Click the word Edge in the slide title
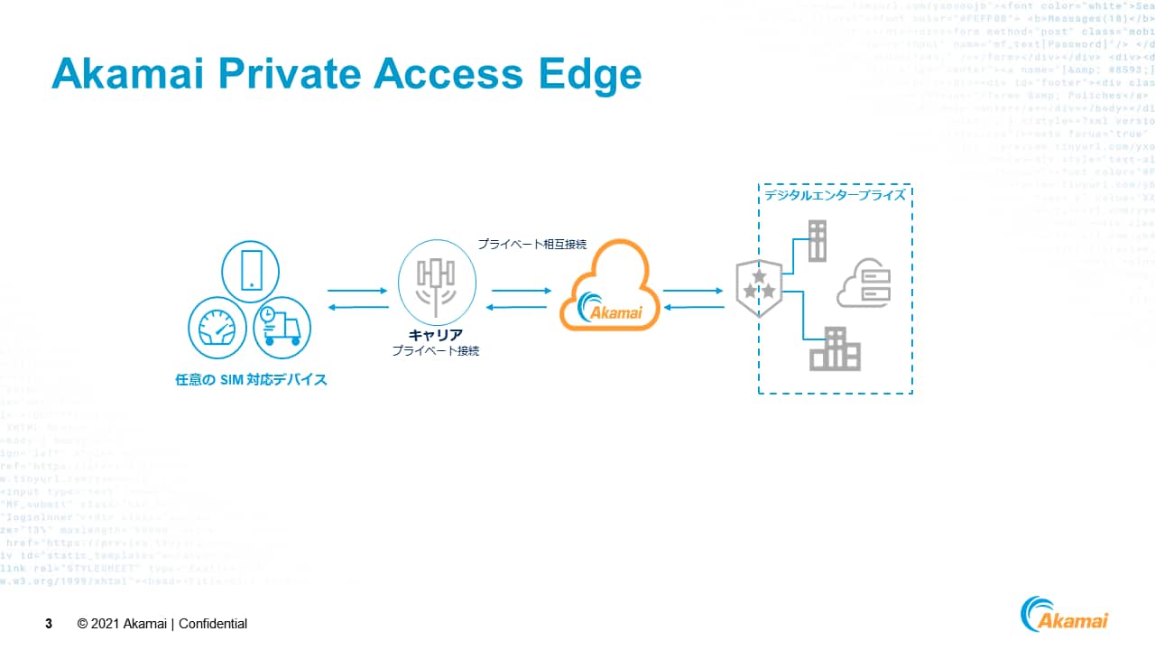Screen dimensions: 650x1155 [595, 74]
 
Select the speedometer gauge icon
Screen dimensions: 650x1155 [217, 328]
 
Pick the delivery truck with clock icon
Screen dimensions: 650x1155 [281, 327]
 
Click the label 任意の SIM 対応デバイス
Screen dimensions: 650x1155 [251, 380]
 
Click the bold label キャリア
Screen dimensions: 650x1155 [436, 335]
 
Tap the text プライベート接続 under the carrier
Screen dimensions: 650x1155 [436, 350]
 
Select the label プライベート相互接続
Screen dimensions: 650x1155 [532, 244]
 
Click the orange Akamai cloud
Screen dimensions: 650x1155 [605, 286]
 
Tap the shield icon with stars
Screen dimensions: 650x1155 [759, 287]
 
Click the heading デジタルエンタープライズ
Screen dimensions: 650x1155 [835, 195]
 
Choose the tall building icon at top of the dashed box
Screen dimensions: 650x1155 [817, 240]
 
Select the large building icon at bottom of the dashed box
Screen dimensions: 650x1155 [835, 348]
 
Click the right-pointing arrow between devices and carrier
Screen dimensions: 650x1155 [356, 291]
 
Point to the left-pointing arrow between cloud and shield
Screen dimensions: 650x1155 [693, 307]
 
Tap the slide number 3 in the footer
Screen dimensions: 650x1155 [49, 624]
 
